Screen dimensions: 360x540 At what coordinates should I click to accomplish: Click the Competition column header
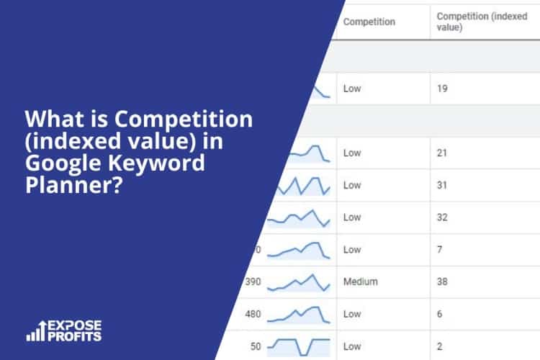[369, 22]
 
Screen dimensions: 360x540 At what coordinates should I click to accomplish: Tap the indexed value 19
[443, 90]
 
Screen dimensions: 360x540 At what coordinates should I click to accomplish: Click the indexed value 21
[443, 153]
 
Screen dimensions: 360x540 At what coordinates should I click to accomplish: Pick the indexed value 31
[443, 185]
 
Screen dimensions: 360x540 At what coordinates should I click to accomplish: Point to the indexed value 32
[443, 217]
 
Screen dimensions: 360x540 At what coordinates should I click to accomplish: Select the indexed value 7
[440, 250]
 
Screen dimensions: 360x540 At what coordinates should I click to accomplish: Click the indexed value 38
[443, 282]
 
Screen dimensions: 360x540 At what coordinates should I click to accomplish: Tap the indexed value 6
[440, 314]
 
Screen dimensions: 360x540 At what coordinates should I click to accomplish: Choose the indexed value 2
[440, 346]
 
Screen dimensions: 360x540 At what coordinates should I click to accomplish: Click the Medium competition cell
[360, 282]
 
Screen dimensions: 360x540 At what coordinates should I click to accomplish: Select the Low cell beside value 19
[352, 90]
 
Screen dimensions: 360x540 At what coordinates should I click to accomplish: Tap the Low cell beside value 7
[352, 250]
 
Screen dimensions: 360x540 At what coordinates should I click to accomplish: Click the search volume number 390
[252, 282]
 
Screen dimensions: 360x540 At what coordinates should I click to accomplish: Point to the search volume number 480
[252, 314]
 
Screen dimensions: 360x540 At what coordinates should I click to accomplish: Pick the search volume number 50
[256, 346]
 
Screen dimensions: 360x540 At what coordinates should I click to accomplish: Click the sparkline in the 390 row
[298, 282]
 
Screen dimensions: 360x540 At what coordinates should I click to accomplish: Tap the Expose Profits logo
[65, 330]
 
